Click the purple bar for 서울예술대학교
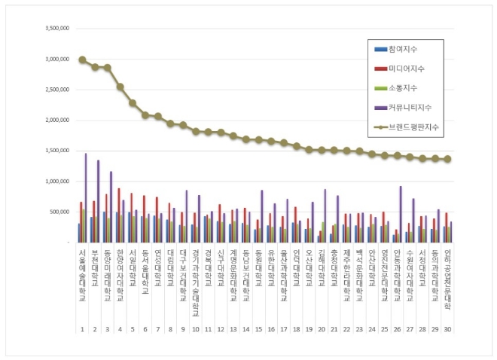click(86, 198)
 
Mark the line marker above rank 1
click(81, 59)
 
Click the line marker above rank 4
click(120, 87)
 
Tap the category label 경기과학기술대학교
click(195, 282)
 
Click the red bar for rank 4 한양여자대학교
click(118, 215)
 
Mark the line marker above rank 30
click(447, 159)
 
